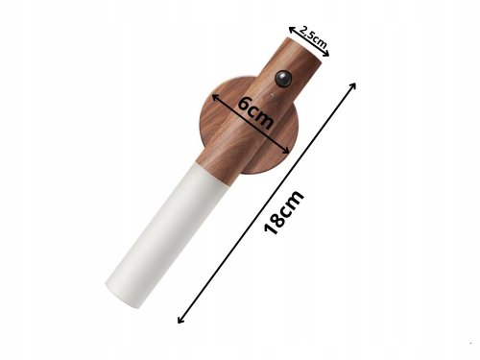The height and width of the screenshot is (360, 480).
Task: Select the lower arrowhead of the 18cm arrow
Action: pos(180,322)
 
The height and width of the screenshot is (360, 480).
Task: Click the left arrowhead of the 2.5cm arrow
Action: pos(292,26)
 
